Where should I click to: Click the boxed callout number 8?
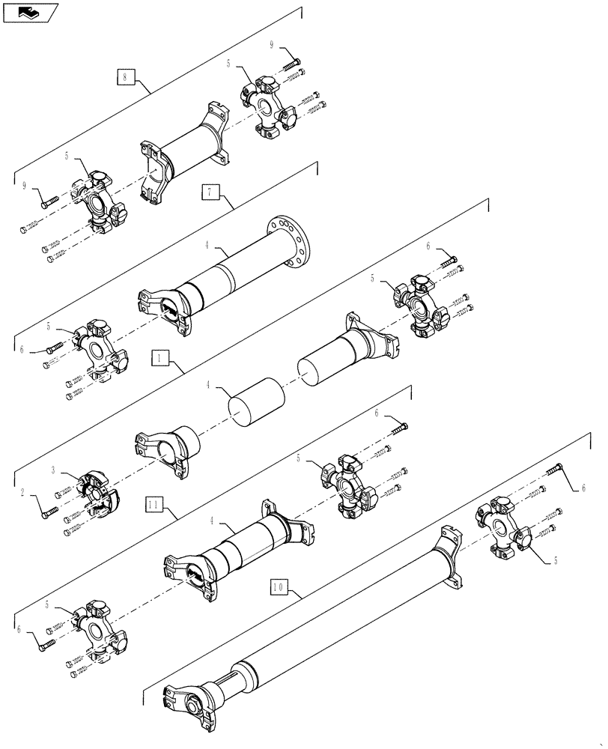(126, 76)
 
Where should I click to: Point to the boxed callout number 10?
(276, 587)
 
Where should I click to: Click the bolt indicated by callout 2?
(49, 511)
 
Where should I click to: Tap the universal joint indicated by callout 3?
(96, 492)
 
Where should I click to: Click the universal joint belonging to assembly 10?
(503, 530)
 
